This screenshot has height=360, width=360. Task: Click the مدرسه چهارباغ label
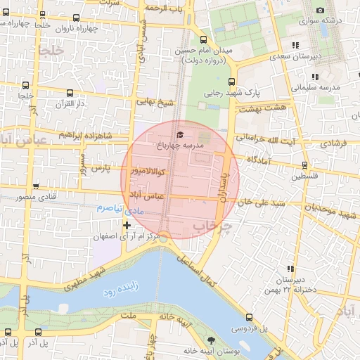click(x=179, y=145)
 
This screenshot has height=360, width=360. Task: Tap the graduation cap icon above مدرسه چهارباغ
click(x=179, y=134)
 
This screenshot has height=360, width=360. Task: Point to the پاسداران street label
click(x=224, y=184)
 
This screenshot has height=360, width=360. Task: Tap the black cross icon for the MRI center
click(x=127, y=225)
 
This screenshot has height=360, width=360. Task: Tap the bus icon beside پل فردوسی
click(x=250, y=317)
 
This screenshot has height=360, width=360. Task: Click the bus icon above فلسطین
click(x=304, y=165)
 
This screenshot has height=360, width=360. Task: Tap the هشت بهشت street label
click(x=262, y=109)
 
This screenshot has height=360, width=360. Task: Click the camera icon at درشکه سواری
click(x=321, y=10)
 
